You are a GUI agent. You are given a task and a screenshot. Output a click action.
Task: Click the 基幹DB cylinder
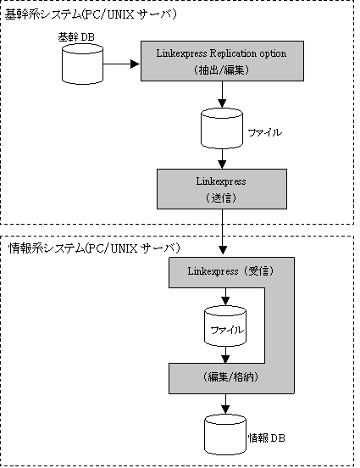[x=82, y=64]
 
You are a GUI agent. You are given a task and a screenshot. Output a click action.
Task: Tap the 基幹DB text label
[x=76, y=37]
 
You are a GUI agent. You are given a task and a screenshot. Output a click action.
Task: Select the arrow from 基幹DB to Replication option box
[x=121, y=64]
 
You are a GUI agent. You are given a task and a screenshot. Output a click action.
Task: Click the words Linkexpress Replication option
[x=221, y=53]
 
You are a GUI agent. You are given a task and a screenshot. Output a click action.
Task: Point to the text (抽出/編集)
[x=221, y=70]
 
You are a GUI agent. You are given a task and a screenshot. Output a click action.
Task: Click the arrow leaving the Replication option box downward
[x=222, y=94]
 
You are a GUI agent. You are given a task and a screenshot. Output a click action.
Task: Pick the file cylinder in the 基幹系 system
[x=222, y=128]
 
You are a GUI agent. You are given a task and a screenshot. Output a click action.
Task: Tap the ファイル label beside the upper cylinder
[x=265, y=132]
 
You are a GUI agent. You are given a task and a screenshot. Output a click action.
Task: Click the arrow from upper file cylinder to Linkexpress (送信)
[x=222, y=159]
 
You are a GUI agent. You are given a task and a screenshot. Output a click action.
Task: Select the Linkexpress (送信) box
[x=222, y=189]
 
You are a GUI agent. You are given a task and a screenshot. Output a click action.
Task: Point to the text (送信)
[x=221, y=198]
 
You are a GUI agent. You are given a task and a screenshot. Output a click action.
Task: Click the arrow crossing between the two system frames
[x=223, y=231]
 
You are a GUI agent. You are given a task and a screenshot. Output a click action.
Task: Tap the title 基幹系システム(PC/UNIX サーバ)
[x=91, y=15]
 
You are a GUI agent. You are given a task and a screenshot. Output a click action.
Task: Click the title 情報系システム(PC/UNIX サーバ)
[x=95, y=248]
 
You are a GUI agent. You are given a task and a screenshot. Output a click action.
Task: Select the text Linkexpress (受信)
[x=230, y=271]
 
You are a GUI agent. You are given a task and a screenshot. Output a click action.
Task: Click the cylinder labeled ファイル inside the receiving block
[x=225, y=326]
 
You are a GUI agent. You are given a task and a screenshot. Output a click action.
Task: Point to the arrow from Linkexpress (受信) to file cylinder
[x=226, y=297]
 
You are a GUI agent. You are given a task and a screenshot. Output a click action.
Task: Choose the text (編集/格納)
[x=230, y=377]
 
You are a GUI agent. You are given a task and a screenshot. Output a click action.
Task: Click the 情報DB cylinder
[x=225, y=435]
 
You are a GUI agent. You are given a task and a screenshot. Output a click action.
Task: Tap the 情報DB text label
[x=267, y=438]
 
